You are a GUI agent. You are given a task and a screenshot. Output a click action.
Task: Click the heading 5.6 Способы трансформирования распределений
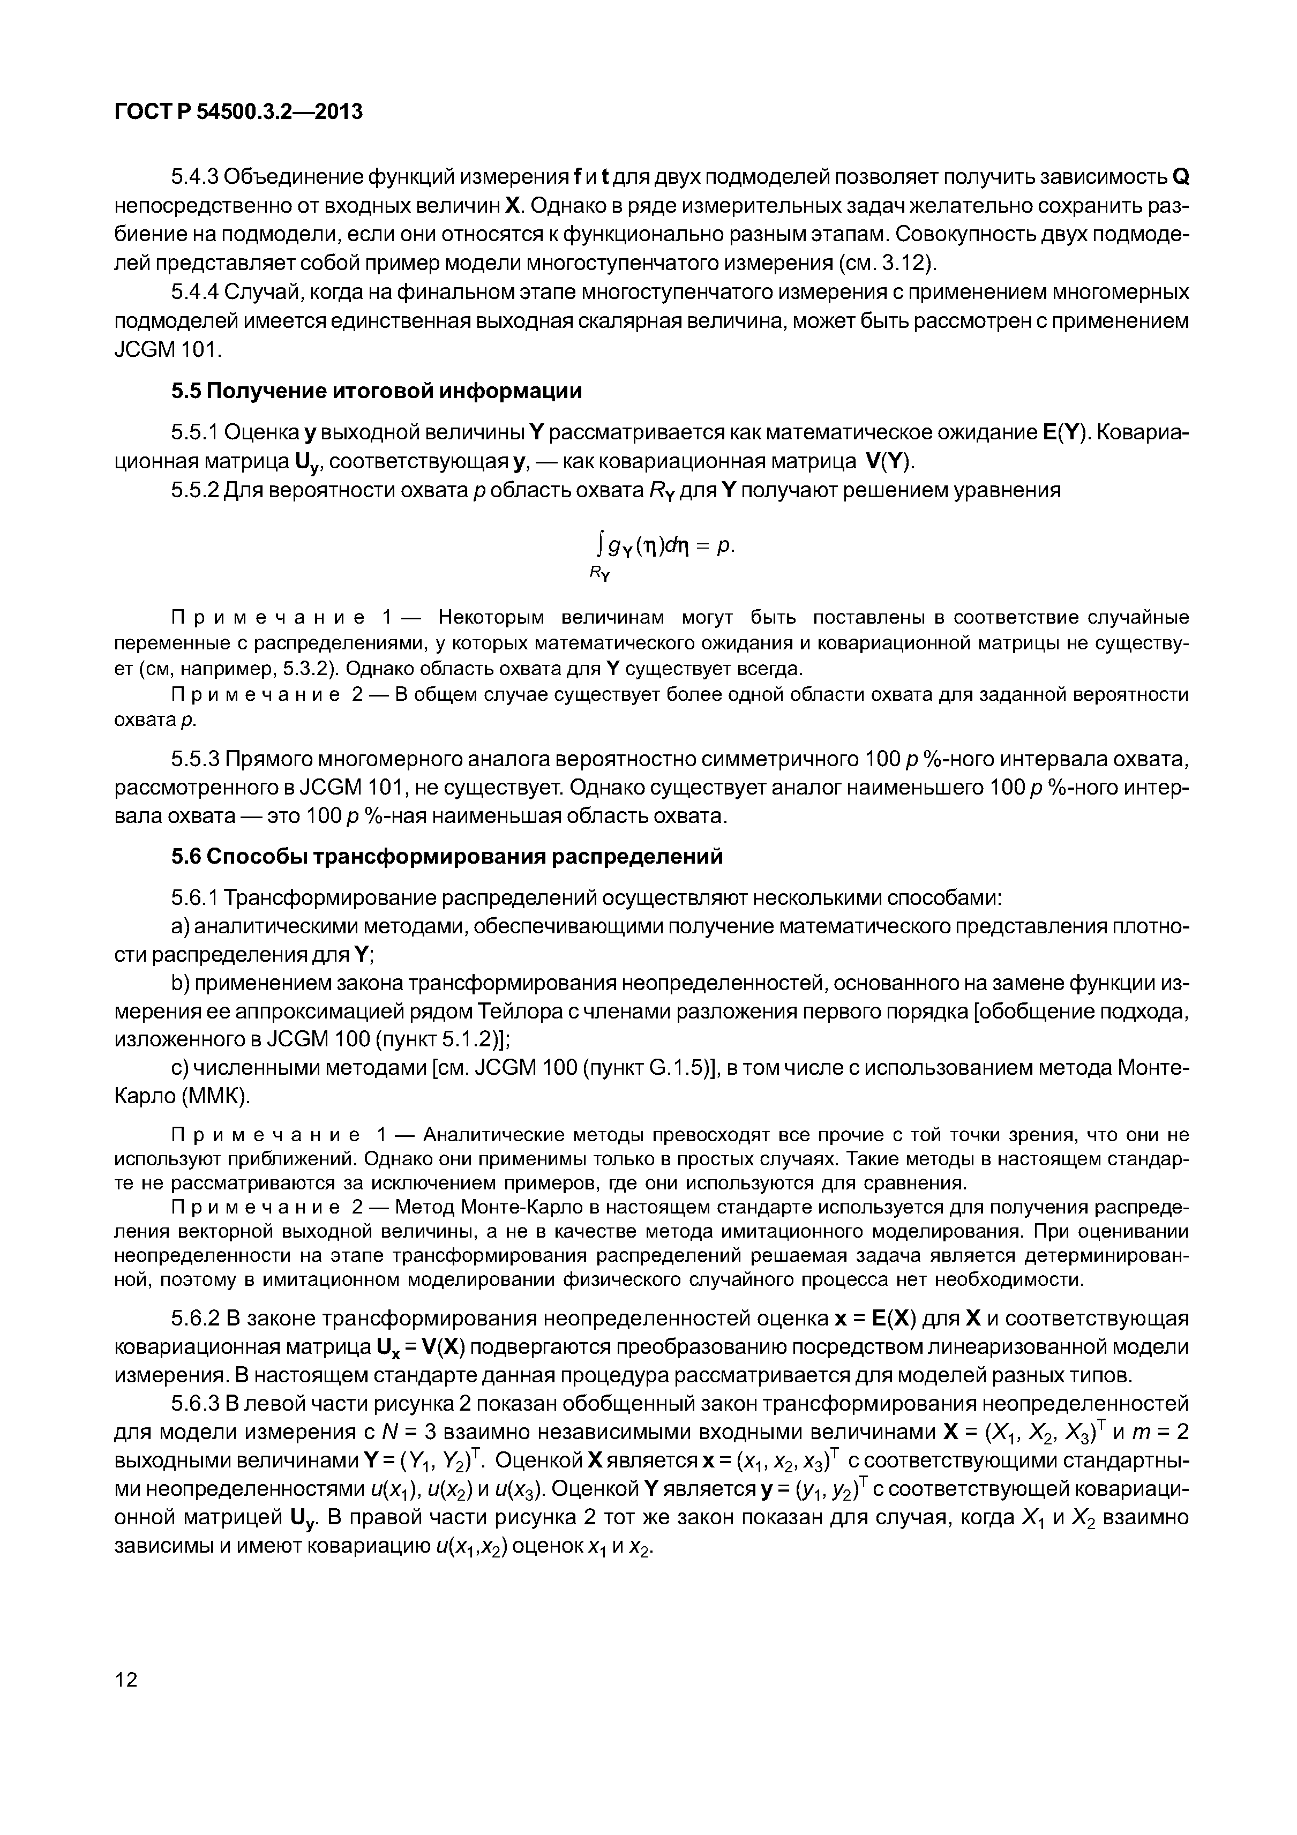pos(447,856)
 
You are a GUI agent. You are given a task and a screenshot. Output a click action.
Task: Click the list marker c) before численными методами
pos(179,1068)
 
